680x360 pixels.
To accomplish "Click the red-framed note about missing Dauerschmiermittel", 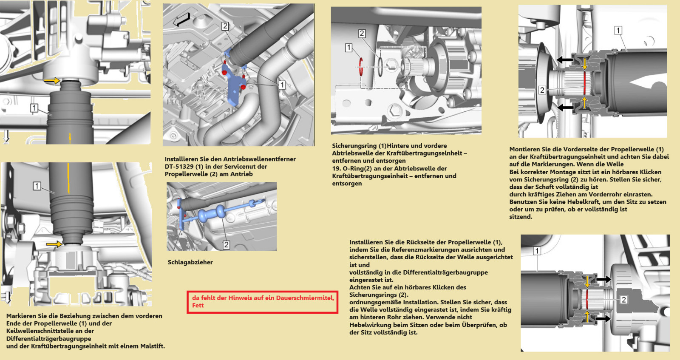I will [262, 302].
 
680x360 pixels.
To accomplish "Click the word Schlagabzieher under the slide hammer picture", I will [190, 262].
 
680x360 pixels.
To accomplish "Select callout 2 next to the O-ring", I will [362, 34].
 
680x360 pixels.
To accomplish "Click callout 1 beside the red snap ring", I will [348, 48].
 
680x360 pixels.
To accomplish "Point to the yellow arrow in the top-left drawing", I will [52, 80].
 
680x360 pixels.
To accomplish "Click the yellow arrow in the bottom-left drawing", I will [54, 244].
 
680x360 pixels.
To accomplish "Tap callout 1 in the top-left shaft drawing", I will [34, 108].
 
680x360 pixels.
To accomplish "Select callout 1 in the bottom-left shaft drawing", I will [37, 186].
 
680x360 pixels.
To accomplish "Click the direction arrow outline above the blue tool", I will [182, 20].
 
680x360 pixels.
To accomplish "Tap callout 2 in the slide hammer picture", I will [226, 245].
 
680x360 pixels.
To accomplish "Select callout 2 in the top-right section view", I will [542, 90].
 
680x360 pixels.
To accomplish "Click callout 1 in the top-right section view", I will [618, 30].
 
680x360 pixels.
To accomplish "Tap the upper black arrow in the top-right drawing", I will [565, 60].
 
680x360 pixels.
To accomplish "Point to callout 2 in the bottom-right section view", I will [624, 300].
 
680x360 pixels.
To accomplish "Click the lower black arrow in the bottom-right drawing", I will [603, 318].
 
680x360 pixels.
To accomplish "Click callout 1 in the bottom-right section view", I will [537, 251].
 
